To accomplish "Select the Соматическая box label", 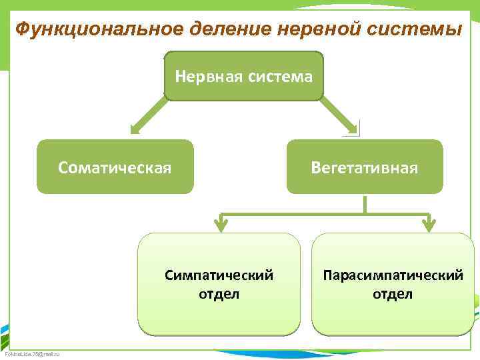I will pyautogui.click(x=115, y=167).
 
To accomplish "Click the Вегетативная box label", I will pyautogui.click(x=365, y=167).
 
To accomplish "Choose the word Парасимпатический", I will pyautogui.click(x=393, y=275).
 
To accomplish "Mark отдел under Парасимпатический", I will pyautogui.click(x=393, y=293).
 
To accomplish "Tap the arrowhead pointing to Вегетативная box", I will pyautogui.click(x=351, y=127).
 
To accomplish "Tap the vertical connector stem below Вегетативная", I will pyautogui.click(x=365, y=204).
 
